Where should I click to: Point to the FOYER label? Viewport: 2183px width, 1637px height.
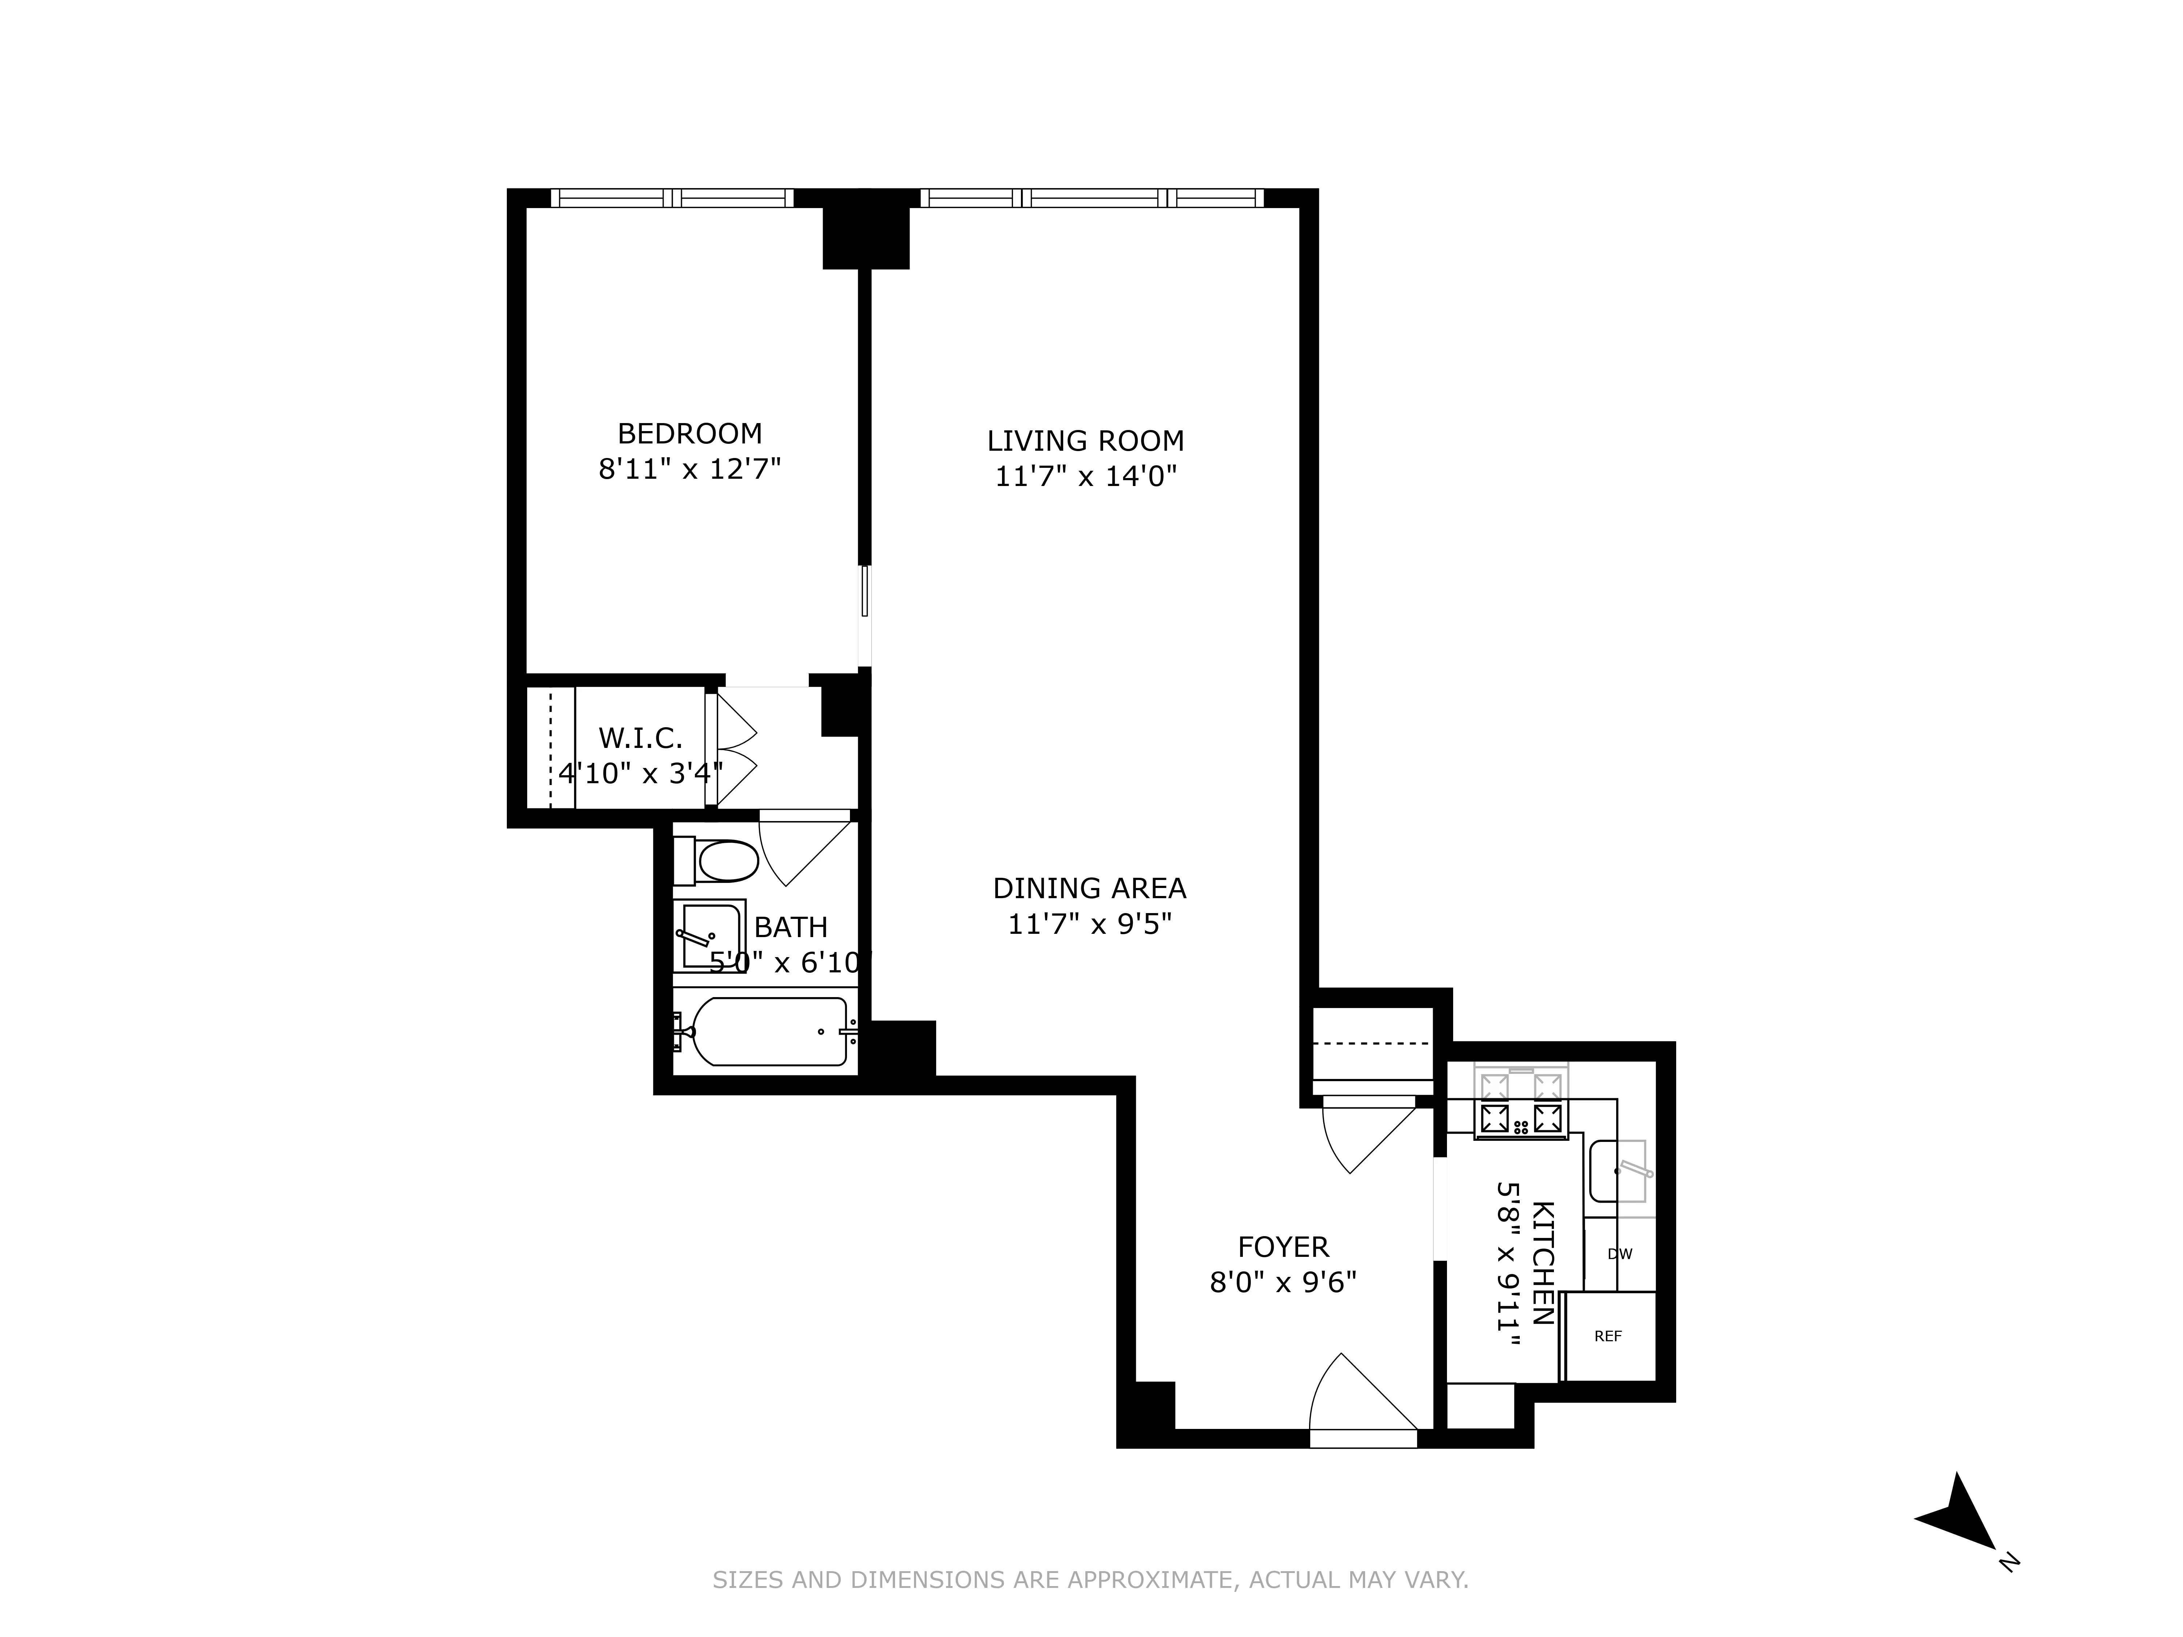tap(1283, 1247)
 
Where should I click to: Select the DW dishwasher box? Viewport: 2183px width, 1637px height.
tap(1619, 1254)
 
